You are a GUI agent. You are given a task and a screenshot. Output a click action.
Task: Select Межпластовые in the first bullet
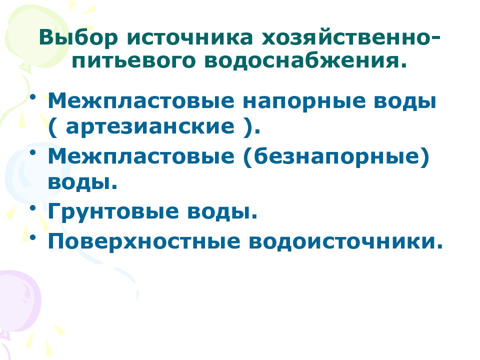141,102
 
